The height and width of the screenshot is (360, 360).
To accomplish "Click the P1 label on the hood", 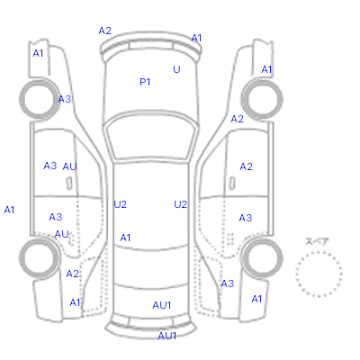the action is coord(145,82).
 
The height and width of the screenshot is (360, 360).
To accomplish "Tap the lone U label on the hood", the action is coord(176,69).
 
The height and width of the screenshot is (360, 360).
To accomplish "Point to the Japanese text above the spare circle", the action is coord(317,241).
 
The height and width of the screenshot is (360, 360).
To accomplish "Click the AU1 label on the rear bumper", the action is coord(166,336).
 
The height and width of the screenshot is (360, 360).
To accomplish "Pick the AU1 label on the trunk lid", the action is coord(162,305).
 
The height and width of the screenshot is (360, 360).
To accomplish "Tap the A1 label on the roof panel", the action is coord(125,238).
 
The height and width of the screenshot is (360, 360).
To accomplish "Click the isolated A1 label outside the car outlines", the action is coord(9,210).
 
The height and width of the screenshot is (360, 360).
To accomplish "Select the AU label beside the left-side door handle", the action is coord(69,166).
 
